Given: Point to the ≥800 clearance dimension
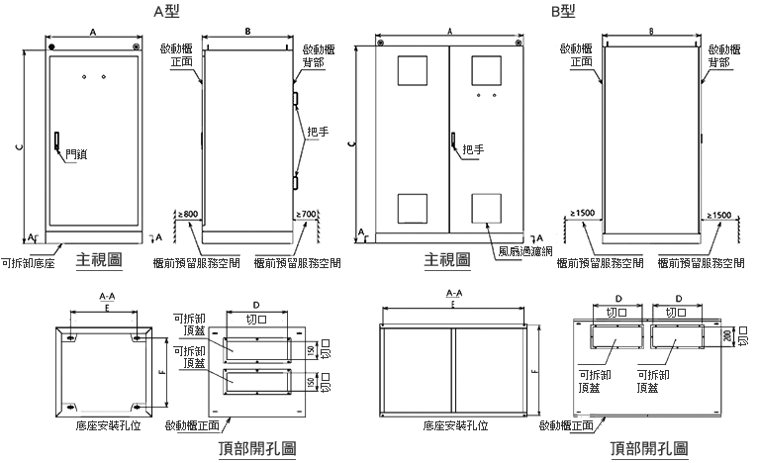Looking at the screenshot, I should pos(187,213).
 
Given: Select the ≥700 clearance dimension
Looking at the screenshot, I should pos(306,213).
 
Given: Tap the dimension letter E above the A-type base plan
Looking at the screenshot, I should pos(106,308).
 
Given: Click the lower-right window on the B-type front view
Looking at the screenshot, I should pos(486,207).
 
